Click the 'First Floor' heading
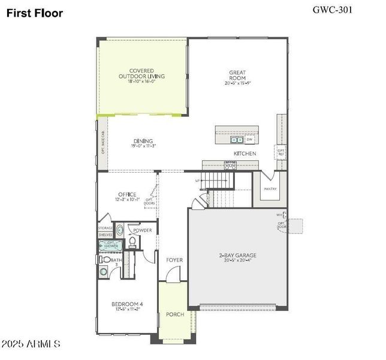coord(35,13)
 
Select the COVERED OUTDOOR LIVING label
coord(141,73)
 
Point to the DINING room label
coord(143,141)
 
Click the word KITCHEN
coord(245,154)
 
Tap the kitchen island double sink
coord(236,140)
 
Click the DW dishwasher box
coord(249,140)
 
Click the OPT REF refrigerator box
coord(281,152)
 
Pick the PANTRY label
coord(270,188)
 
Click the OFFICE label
coord(127,194)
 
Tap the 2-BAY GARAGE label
coord(237,255)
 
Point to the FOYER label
coord(174,260)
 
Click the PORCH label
coord(174,314)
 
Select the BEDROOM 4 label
coord(127,304)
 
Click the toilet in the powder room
coord(133,241)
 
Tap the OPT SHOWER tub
coord(112,245)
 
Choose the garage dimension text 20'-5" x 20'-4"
coord(237,261)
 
